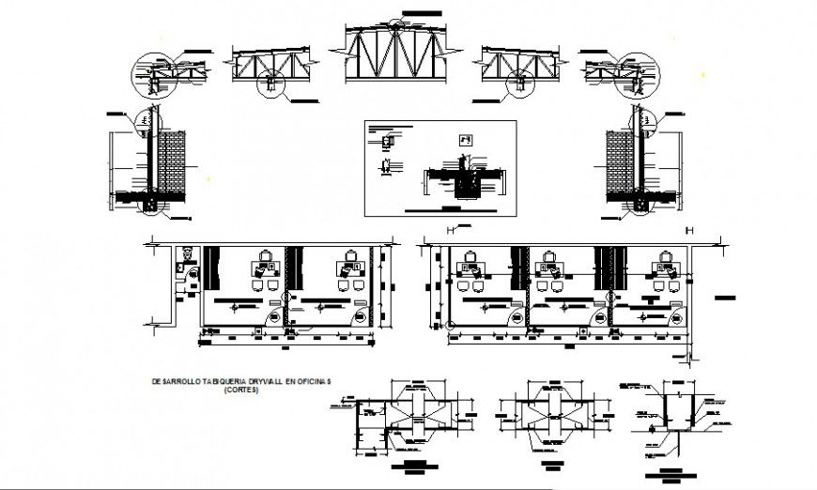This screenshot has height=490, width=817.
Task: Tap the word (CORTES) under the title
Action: [242, 390]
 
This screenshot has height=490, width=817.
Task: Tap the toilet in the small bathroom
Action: [186, 253]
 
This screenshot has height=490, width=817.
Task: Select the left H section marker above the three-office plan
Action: [452, 231]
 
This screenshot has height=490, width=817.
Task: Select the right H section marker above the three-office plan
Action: [690, 231]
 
